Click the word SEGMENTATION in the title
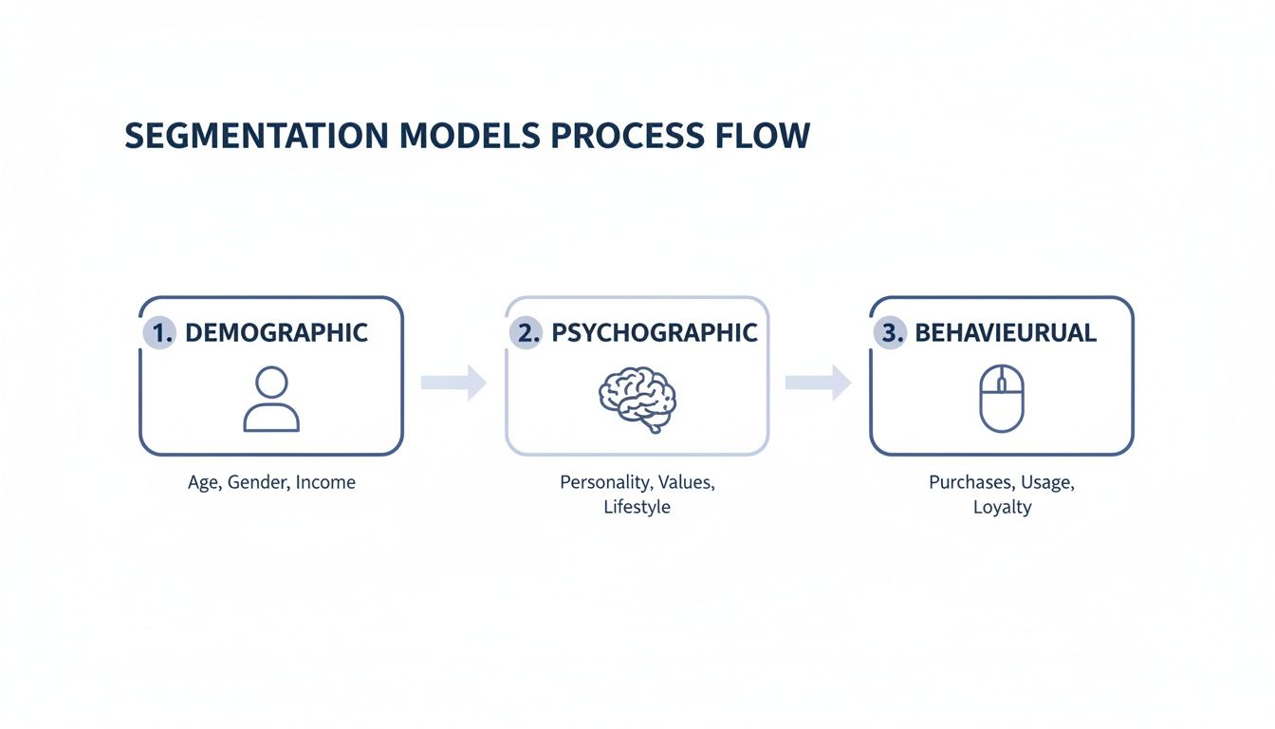250,136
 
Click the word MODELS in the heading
464,136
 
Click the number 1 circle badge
158,333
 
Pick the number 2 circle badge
525,333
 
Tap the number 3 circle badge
889,333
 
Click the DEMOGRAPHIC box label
276,333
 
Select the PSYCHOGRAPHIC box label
655,333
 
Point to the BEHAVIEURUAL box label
1006,333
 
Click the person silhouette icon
271,399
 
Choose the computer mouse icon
1002,399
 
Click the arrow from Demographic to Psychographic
453,383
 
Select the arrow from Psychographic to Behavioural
818,383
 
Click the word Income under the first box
325,482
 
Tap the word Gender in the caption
257,482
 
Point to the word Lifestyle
637,507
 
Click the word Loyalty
1002,507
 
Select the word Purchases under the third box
970,482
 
